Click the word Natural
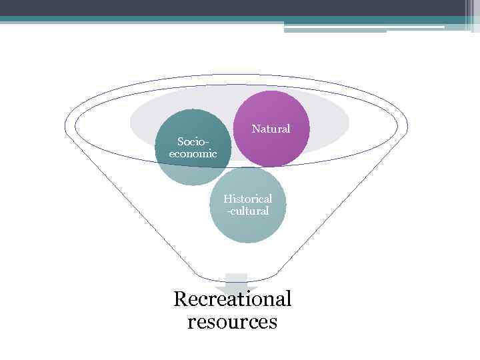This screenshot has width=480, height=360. click(x=271, y=129)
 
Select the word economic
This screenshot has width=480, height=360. click(x=193, y=153)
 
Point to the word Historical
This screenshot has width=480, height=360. click(x=248, y=199)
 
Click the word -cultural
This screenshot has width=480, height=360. click(x=248, y=211)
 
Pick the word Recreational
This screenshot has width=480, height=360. click(x=232, y=299)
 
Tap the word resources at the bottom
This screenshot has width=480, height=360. click(x=232, y=322)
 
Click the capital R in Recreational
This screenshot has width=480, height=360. click(x=180, y=299)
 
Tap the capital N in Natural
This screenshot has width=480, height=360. click(x=255, y=129)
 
